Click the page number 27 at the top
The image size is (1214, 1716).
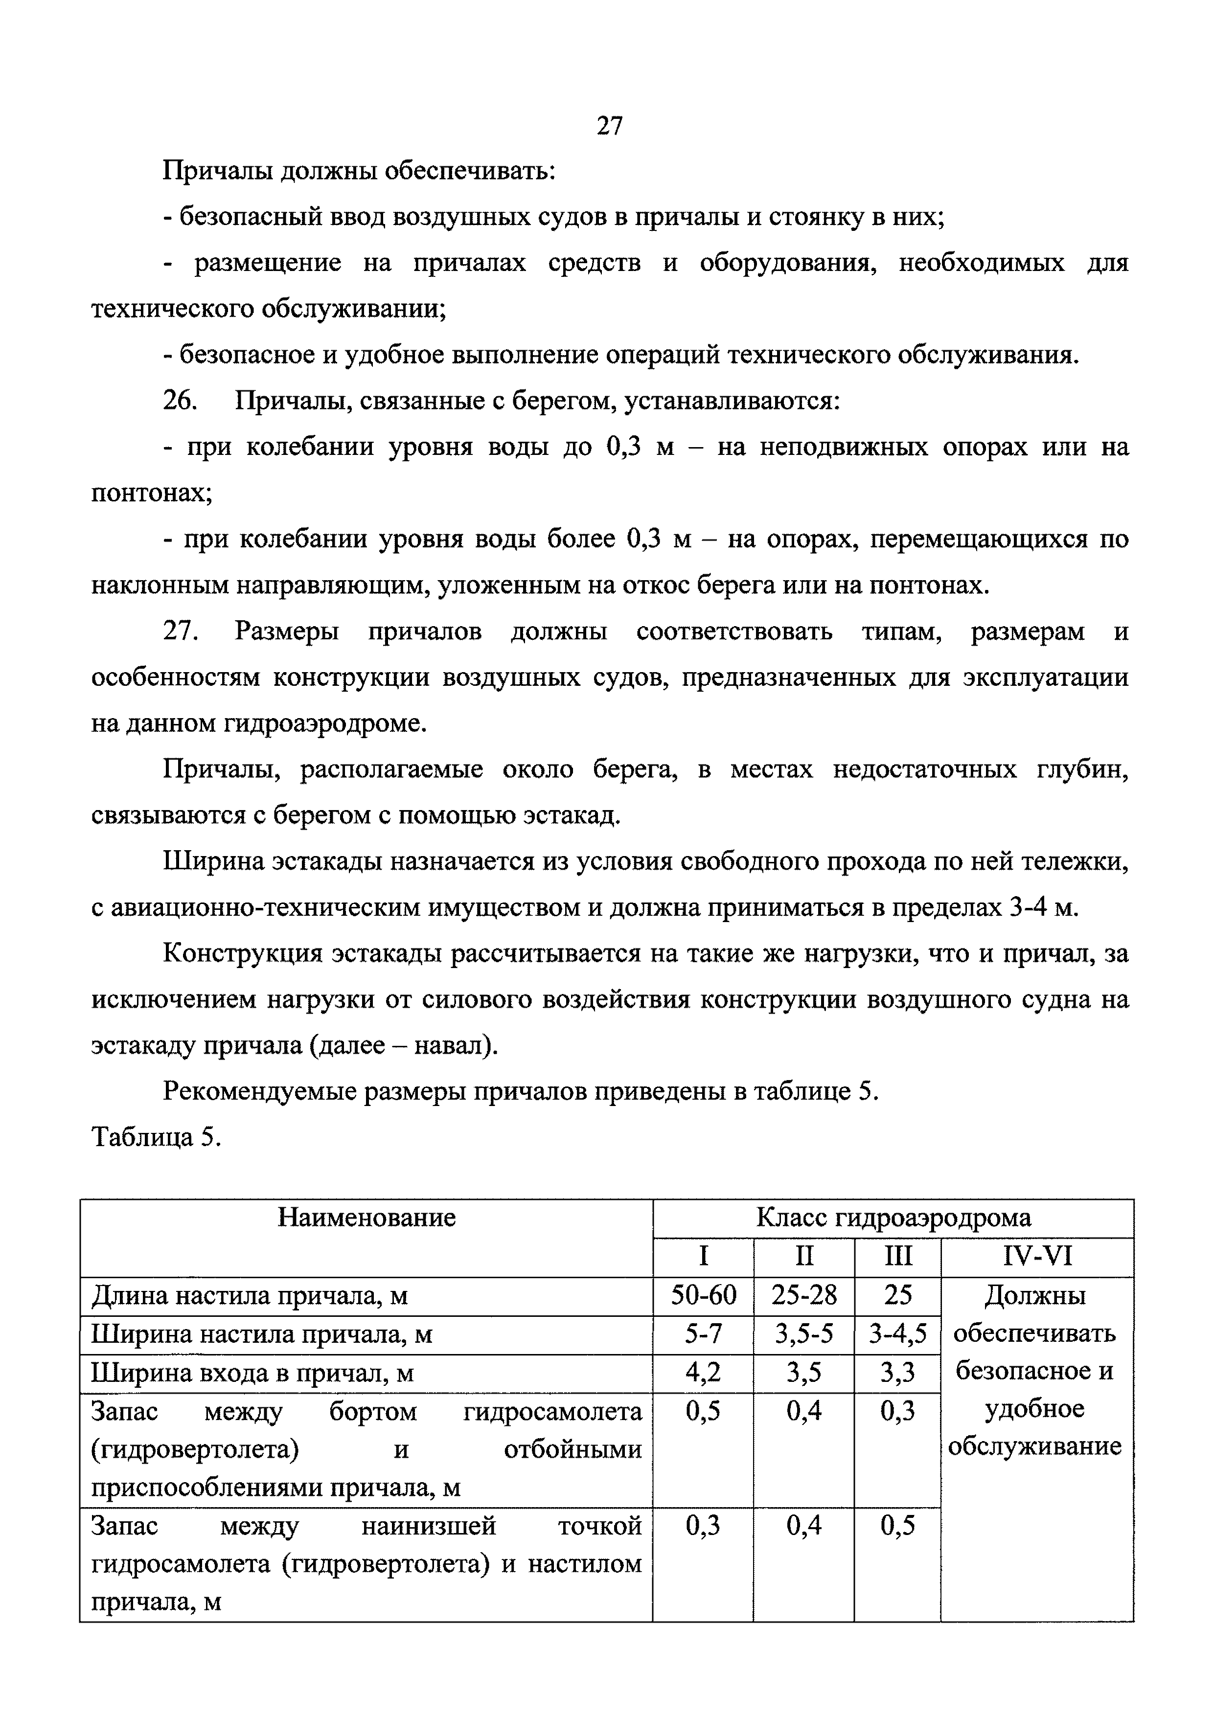coord(609,126)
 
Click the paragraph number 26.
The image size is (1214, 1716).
coord(180,401)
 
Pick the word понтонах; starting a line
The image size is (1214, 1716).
coord(152,493)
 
